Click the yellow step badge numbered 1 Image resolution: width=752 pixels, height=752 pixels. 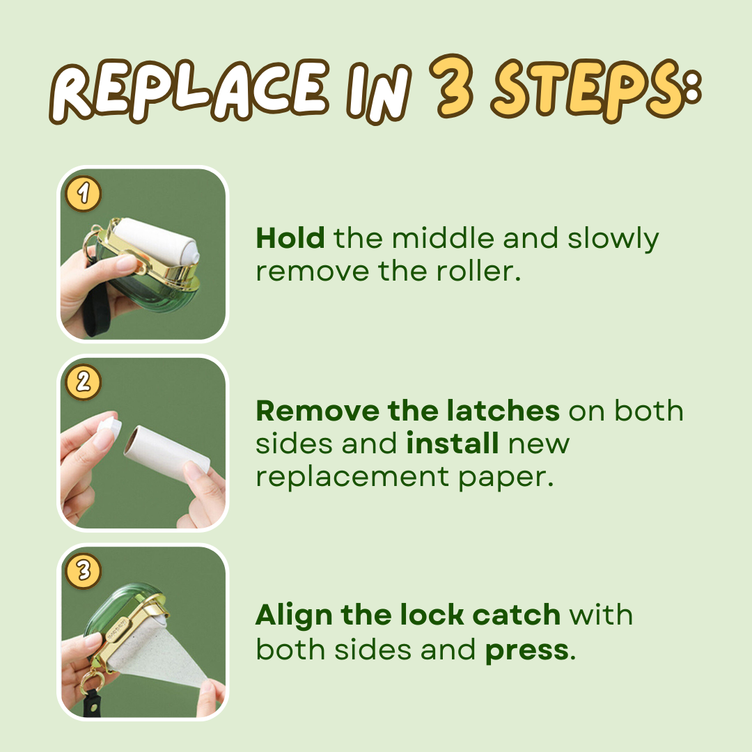click(84, 194)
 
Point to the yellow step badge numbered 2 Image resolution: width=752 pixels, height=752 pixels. click(84, 382)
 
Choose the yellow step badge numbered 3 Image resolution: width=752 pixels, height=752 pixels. click(84, 571)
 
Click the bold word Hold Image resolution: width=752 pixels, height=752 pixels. click(290, 239)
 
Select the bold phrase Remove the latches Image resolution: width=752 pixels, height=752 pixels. click(407, 411)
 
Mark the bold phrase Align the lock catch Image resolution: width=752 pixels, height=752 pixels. click(407, 616)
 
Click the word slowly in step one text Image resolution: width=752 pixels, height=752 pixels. click(613, 239)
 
